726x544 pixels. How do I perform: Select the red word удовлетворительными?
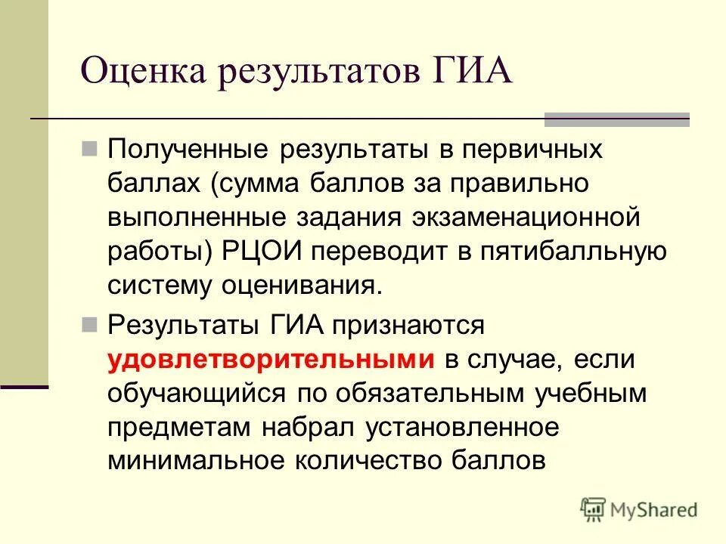(271, 360)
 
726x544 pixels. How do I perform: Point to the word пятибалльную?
(572, 251)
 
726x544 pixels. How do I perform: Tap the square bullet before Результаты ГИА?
(90, 325)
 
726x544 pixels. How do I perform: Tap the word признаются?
(408, 326)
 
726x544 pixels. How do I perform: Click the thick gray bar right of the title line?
(617, 119)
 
